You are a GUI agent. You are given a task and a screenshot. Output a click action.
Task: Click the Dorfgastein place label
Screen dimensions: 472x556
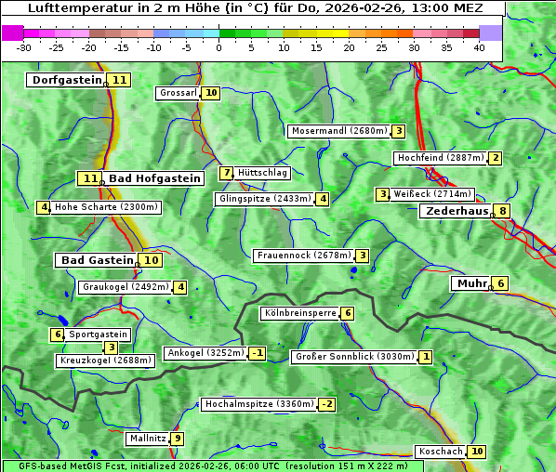coord(66,80)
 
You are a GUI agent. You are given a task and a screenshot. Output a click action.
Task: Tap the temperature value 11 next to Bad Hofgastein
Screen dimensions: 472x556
coord(89,178)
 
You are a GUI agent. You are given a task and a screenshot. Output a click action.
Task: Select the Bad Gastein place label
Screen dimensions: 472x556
coord(98,260)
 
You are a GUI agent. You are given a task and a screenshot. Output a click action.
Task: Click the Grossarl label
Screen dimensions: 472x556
coord(178,93)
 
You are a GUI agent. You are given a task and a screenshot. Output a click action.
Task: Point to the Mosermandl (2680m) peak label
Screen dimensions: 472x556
coord(338,131)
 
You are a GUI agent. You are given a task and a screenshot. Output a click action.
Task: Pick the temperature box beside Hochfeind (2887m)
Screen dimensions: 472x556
coord(495,158)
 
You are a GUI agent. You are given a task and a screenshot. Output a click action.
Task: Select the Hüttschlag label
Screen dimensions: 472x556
coord(263,173)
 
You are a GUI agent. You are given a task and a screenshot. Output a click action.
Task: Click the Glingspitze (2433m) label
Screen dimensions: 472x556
coord(265,199)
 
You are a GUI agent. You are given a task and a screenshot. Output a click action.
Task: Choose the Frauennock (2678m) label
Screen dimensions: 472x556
coord(303,256)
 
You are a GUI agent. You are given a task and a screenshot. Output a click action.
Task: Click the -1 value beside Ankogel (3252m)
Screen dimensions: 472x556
coord(257,353)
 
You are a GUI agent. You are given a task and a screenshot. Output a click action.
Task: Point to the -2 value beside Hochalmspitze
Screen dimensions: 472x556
coord(326,404)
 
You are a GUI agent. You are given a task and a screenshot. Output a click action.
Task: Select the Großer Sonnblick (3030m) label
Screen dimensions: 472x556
coord(353,357)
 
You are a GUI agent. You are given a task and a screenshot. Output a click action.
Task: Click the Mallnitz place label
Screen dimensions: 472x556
coord(148,439)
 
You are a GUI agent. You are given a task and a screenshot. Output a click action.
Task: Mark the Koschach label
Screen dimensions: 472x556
coord(441,452)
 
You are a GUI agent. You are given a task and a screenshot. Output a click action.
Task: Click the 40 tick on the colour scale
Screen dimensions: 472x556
coord(479,46)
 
